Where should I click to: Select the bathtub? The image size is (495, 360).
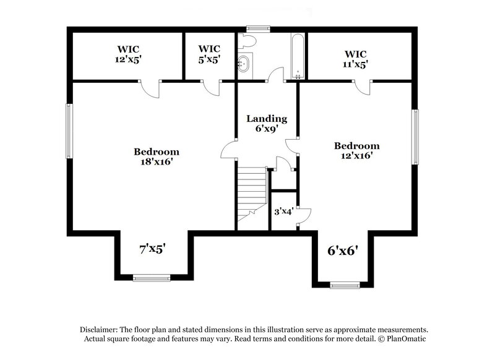(297, 55)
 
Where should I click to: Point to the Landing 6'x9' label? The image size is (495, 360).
(267, 124)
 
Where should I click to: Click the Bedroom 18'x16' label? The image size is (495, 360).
(157, 157)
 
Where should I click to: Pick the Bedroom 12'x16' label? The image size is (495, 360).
(356, 152)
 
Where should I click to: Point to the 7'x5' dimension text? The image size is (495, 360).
(152, 249)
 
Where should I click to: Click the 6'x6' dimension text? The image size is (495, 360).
(344, 251)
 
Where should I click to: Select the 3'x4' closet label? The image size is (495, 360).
(283, 212)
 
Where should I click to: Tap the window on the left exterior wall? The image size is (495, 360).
(69, 131)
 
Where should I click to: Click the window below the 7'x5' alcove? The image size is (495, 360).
(151, 278)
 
